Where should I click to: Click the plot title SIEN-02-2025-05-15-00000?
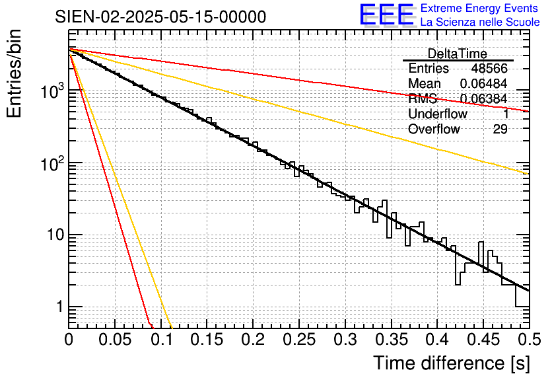[x=161, y=17]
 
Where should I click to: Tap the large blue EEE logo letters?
[x=386, y=15]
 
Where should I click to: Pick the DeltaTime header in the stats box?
[x=457, y=54]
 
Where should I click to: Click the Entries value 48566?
[x=489, y=69]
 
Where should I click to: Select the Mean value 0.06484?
[x=483, y=84]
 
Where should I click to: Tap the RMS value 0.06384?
[x=483, y=99]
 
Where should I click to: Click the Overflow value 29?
[x=500, y=130]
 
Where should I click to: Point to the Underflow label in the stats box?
[x=437, y=114]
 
